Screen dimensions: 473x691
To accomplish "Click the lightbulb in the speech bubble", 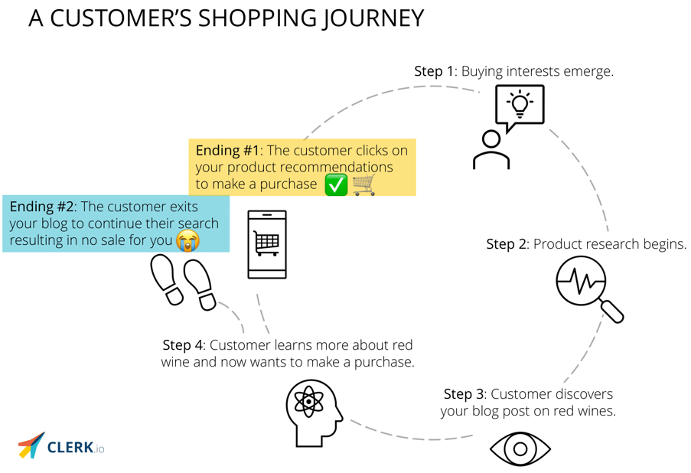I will [x=520, y=104].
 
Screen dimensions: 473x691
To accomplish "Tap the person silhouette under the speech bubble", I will [x=491, y=151].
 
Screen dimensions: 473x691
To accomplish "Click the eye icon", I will [x=520, y=449].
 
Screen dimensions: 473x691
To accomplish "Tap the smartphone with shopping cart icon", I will [x=267, y=244].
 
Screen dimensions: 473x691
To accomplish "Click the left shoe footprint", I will [x=167, y=279].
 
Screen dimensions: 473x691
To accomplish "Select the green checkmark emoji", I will [x=336, y=184].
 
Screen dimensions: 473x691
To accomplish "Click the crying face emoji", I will [x=187, y=241].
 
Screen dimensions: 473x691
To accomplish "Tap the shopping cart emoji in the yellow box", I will [x=364, y=184].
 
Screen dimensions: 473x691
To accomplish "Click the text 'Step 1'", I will [x=434, y=71].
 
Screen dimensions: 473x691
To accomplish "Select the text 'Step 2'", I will [x=506, y=244].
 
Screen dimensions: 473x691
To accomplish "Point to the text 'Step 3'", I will [x=464, y=394].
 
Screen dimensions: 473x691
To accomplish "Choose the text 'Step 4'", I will [x=182, y=345].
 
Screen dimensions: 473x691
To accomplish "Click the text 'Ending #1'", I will [x=228, y=150].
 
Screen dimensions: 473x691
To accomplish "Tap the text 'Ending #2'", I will [x=42, y=207].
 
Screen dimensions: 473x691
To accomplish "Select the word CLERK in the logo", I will [x=70, y=446].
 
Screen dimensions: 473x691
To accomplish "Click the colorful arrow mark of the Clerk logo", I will [x=31, y=445].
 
